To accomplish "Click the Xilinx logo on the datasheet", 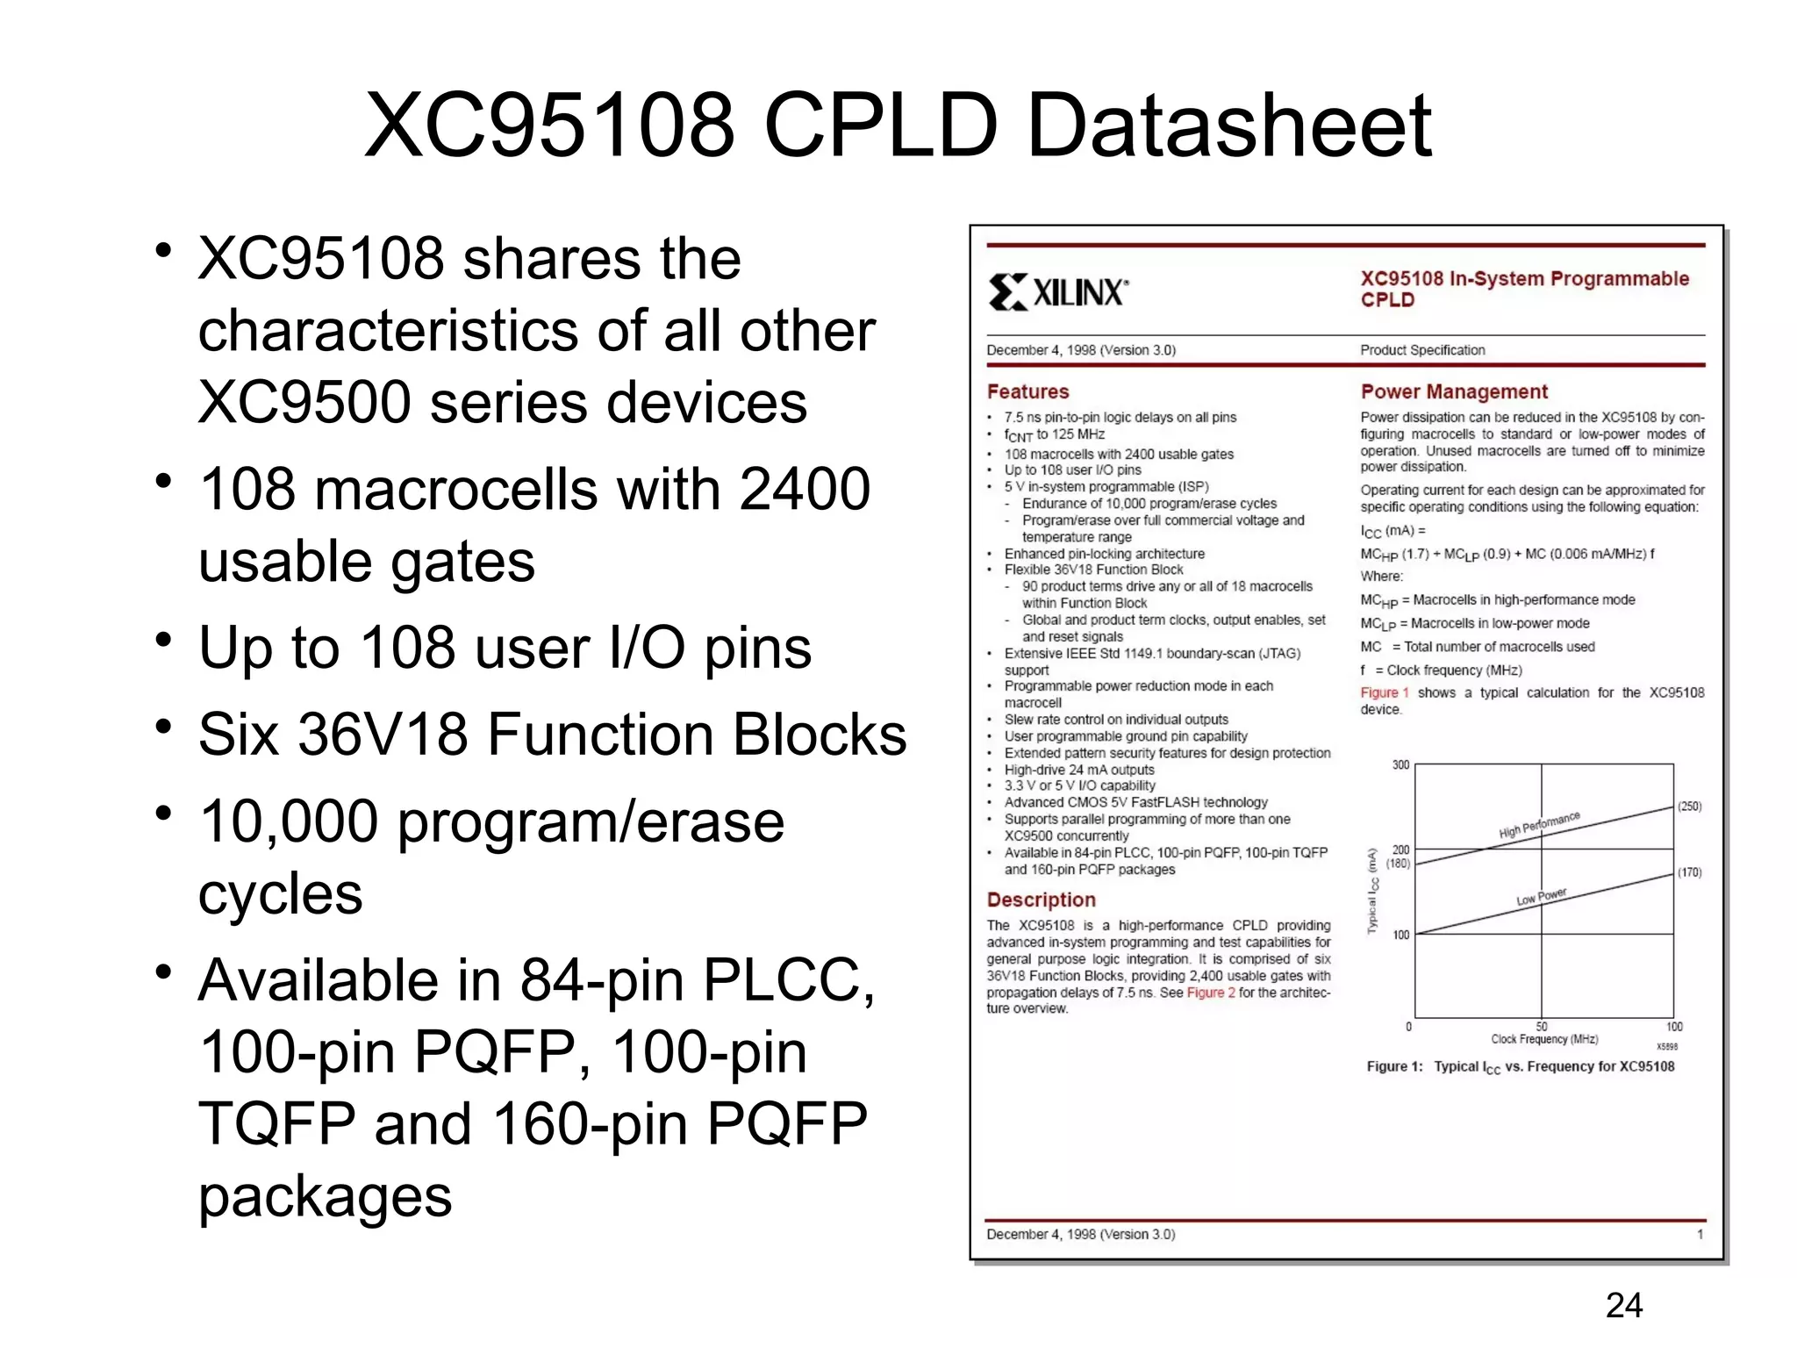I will click(1058, 291).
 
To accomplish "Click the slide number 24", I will click(1623, 1306).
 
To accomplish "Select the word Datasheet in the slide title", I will click(1228, 127).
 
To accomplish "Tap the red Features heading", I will click(1027, 391).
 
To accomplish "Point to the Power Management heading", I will click(1454, 391).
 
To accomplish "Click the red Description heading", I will click(1041, 900).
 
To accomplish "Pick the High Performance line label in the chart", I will click(1539, 825).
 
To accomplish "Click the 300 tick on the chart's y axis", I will click(1400, 765).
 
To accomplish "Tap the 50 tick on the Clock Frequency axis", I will click(1542, 1026).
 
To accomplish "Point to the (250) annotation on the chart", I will click(1689, 807).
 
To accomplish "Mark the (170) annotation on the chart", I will click(1689, 872).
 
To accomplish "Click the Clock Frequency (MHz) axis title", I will click(1544, 1039).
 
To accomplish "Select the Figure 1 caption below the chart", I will click(1520, 1067).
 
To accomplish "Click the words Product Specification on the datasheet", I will click(1422, 350).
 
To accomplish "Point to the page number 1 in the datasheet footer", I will click(1700, 1234).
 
